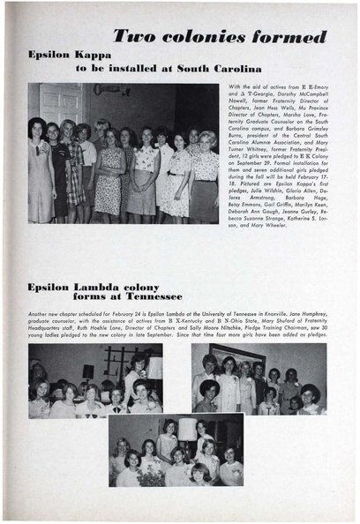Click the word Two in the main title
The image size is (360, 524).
pos(136,37)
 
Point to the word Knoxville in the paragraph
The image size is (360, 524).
pos(289,313)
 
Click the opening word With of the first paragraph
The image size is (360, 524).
pos(234,87)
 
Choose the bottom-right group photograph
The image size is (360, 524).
pos(259,379)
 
